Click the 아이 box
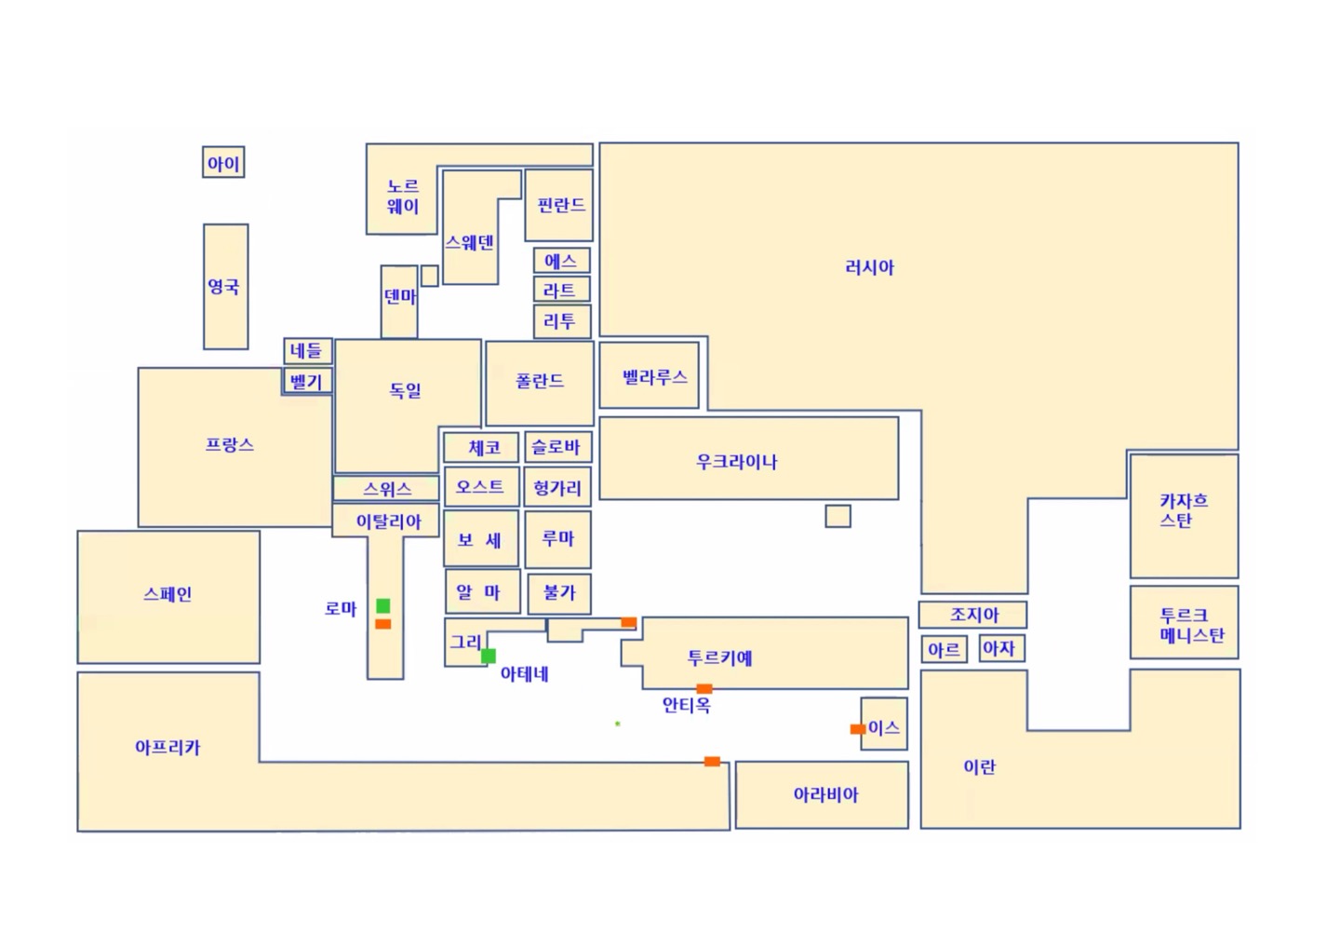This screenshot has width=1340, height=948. pyautogui.click(x=223, y=162)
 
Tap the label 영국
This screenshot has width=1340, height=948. pyautogui.click(x=223, y=286)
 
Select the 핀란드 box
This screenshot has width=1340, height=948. pyautogui.click(x=558, y=205)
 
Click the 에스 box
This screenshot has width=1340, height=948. pyautogui.click(x=562, y=261)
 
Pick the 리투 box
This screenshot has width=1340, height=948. pyautogui.click(x=562, y=321)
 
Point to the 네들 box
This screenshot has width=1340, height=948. pyautogui.click(x=307, y=351)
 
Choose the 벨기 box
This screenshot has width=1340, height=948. pyautogui.click(x=307, y=381)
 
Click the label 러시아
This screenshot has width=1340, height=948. pyautogui.click(x=869, y=267)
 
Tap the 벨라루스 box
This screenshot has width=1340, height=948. pyautogui.click(x=650, y=375)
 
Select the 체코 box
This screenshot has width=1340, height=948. pyautogui.click(x=481, y=447)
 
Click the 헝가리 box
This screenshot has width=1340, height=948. pyautogui.click(x=557, y=487)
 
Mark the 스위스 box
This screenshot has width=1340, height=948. pyautogui.click(x=386, y=488)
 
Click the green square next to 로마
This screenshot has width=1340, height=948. pyautogui.click(x=382, y=605)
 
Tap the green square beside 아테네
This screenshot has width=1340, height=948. pyautogui.click(x=489, y=656)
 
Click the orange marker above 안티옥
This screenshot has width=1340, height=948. pyautogui.click(x=704, y=689)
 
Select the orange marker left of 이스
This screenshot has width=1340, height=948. pyautogui.click(x=858, y=729)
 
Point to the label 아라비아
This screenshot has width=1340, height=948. pyautogui.click(x=825, y=794)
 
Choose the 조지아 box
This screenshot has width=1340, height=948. pyautogui.click(x=972, y=615)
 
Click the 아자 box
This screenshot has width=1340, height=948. pyautogui.click(x=1002, y=648)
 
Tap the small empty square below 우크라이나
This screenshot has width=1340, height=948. pyautogui.click(x=837, y=516)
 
